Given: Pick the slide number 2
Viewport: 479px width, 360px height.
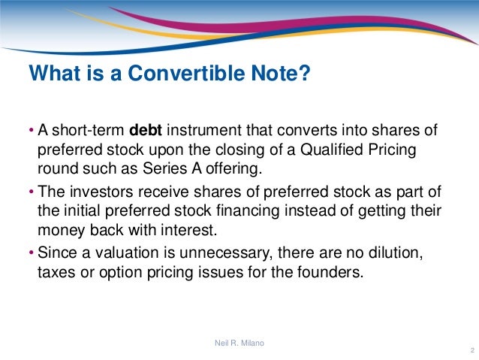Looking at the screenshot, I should (x=469, y=351).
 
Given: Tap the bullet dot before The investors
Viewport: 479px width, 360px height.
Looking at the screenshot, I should (x=31, y=191).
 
